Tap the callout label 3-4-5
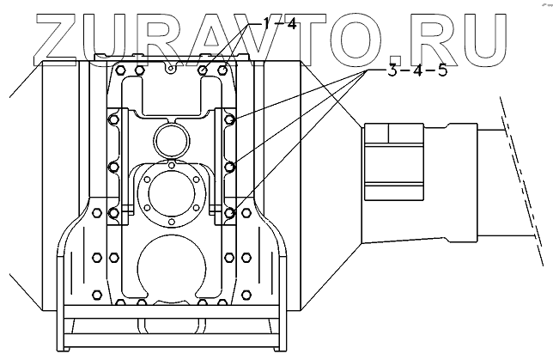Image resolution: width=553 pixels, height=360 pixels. [x=416, y=70]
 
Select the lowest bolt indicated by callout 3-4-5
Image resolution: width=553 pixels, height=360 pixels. [x=230, y=211]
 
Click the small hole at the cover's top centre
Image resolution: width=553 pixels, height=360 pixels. [x=172, y=64]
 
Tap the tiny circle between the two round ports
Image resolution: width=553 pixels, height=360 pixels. [x=172, y=163]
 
